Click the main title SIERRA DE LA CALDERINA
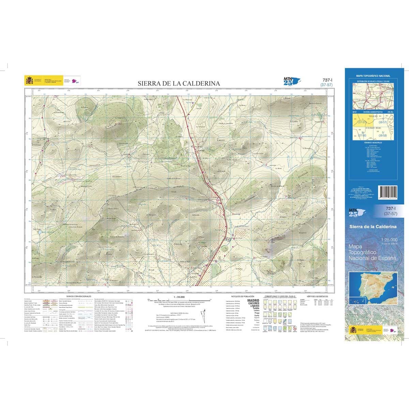tap(179, 84)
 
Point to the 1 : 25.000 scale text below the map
tap(179, 297)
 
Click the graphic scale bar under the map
tap(179, 300)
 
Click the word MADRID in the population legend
tap(253, 301)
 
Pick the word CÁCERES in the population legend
tap(253, 303)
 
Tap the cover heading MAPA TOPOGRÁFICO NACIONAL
tap(373, 76)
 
